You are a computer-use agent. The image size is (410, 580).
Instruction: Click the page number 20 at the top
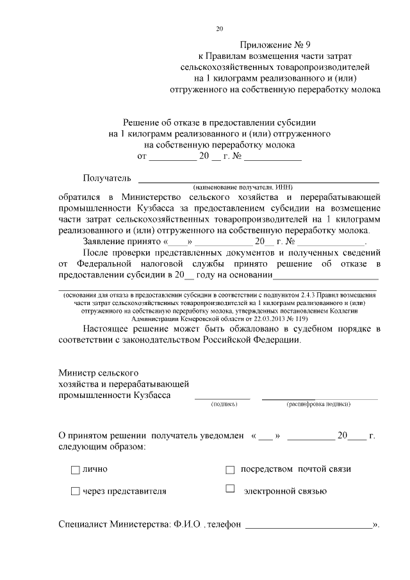tap(220, 28)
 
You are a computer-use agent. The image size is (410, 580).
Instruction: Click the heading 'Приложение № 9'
tap(274, 45)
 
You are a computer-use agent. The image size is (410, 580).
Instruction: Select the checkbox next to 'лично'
tap(75, 470)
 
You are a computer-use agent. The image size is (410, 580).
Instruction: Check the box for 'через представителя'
tap(75, 492)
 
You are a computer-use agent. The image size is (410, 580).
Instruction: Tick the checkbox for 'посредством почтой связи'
tap(231, 470)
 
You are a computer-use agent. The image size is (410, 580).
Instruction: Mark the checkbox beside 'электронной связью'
tap(231, 490)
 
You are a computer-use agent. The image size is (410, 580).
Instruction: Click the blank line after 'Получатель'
tap(259, 181)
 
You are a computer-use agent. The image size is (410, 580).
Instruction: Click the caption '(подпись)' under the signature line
tap(224, 404)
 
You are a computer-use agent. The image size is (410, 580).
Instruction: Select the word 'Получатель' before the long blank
tap(107, 178)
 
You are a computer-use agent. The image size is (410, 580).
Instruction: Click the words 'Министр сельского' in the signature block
tap(98, 372)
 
